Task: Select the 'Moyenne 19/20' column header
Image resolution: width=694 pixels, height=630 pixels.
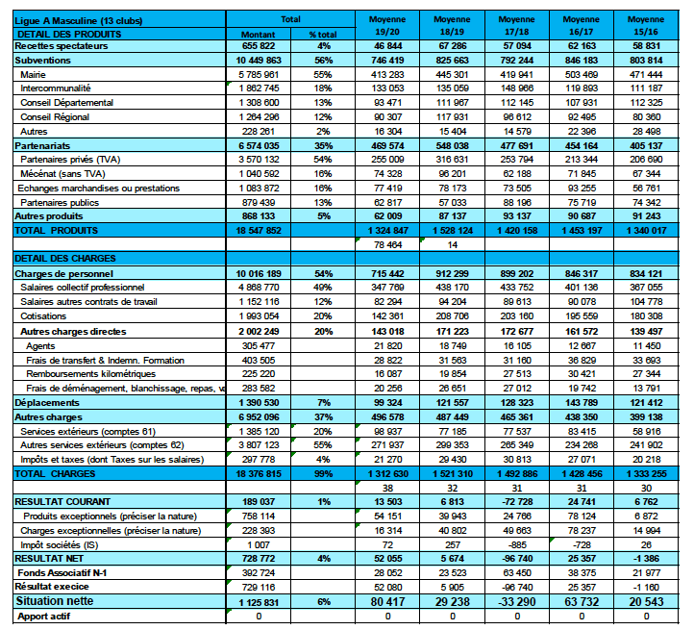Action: point(387,25)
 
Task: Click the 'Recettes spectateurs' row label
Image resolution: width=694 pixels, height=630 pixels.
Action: point(60,46)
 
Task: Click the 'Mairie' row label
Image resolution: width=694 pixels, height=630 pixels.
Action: point(34,74)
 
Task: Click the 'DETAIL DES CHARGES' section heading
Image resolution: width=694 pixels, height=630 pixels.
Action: point(65,259)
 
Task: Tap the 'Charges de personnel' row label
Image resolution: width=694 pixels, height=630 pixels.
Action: point(61,273)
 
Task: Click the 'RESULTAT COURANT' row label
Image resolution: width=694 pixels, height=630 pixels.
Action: point(62,501)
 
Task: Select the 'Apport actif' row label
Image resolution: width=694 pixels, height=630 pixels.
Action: point(45,616)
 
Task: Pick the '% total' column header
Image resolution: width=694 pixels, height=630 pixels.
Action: point(323,33)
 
